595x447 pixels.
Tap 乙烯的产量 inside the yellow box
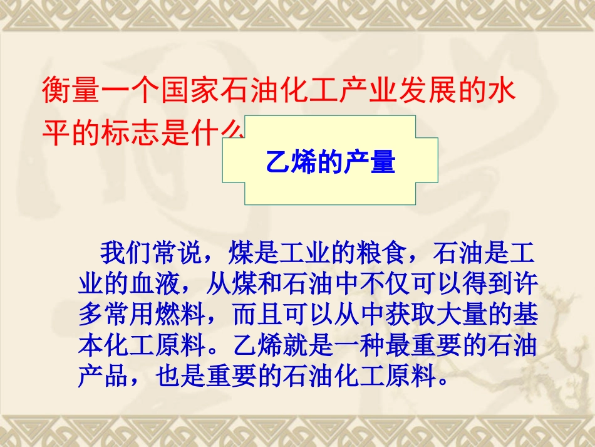pyautogui.click(x=330, y=161)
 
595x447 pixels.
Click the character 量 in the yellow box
pyautogui.click(x=382, y=161)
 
